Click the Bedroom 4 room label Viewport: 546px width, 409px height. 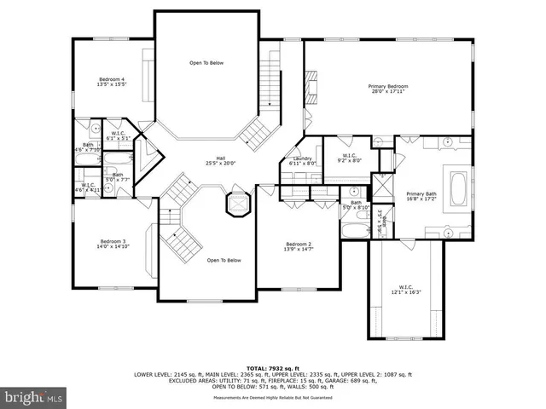click(112, 82)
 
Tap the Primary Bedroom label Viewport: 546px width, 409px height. click(388, 89)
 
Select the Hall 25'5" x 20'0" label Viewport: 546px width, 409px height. click(220, 160)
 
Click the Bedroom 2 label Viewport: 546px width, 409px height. click(298, 247)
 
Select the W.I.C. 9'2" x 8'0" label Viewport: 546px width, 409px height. click(350, 158)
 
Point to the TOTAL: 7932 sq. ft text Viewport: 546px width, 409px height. click(272, 366)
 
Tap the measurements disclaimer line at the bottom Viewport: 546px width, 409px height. click(272, 397)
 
